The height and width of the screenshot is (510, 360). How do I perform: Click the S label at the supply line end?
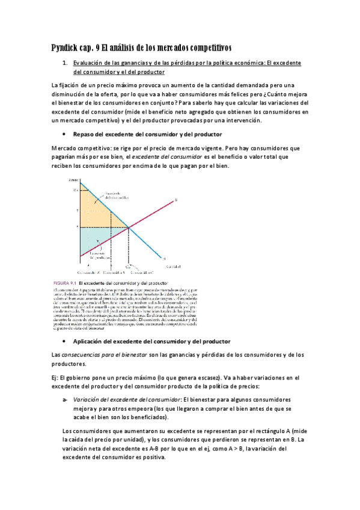click(x=176, y=200)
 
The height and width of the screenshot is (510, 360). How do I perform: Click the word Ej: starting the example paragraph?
click(x=57, y=377)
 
